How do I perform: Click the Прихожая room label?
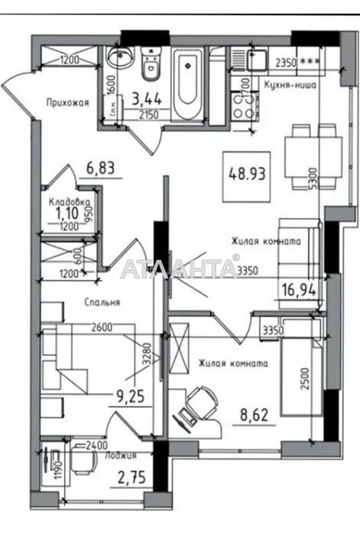[x=67, y=103]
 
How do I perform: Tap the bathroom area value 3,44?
[x=147, y=97]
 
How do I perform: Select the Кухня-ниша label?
[x=290, y=85]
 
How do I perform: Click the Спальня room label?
[x=103, y=302]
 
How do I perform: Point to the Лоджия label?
[x=120, y=456]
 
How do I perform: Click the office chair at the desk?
[x=198, y=398]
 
